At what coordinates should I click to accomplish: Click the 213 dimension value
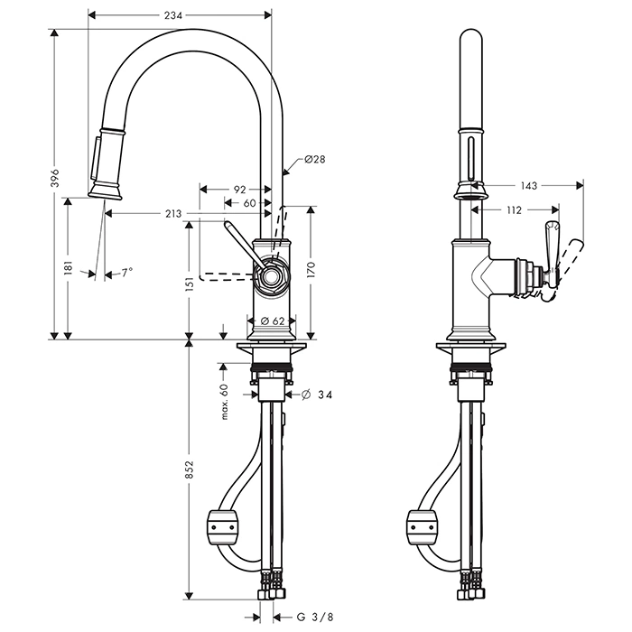tap(172, 213)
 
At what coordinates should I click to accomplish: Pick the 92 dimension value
tap(239, 190)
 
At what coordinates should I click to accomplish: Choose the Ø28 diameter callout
tap(314, 159)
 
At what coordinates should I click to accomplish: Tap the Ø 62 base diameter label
tap(273, 321)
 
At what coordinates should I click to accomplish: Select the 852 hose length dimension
tap(189, 479)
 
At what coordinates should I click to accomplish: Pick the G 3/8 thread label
tap(318, 618)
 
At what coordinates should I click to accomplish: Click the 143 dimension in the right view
tap(529, 186)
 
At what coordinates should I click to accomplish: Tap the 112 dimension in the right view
tap(514, 209)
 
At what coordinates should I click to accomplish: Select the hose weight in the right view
tap(422, 525)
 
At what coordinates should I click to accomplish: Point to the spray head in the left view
tap(107, 162)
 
